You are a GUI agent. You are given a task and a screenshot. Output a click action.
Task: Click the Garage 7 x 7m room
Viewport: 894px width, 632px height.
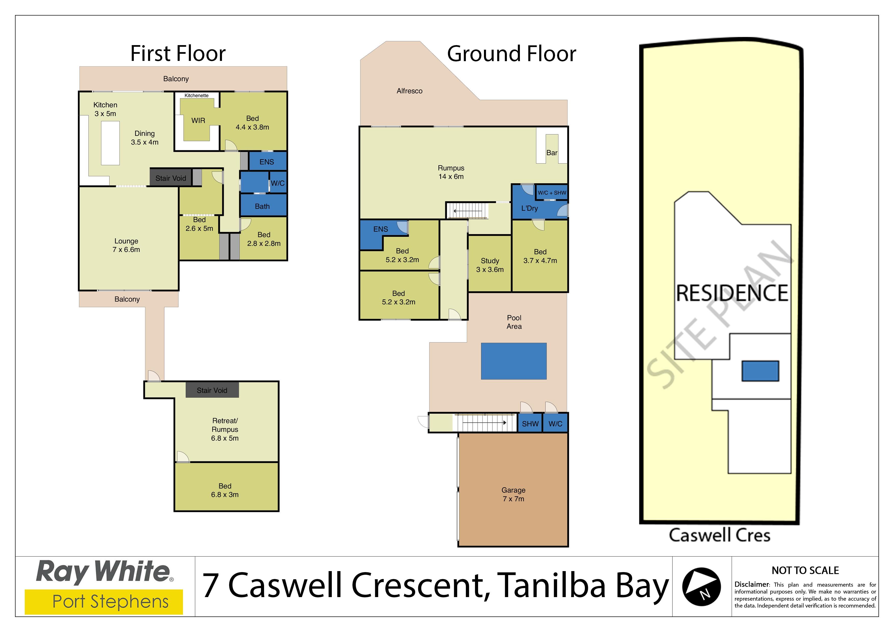(513, 490)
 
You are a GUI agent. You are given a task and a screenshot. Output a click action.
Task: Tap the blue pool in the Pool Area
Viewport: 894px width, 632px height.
(514, 361)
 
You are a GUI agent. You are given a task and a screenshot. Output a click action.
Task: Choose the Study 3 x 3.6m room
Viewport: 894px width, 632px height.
(490, 264)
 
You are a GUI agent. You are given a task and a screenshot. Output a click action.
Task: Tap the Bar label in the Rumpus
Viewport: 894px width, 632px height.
(552, 153)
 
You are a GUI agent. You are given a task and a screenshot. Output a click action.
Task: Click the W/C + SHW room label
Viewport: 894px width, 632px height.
(552, 193)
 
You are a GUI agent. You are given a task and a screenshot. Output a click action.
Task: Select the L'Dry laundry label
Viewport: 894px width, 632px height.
(530, 208)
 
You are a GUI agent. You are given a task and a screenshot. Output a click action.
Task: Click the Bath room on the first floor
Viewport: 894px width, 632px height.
(263, 205)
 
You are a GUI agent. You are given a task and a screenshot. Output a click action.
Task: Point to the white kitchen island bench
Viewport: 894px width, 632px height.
(110, 143)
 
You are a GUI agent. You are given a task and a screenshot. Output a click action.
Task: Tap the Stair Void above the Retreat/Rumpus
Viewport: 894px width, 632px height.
(212, 390)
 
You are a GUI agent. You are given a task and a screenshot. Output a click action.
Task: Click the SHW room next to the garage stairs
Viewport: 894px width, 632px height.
(530, 423)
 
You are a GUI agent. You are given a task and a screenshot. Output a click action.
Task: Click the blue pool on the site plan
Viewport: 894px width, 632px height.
(760, 371)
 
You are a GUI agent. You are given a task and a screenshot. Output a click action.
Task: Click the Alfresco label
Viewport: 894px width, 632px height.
(409, 91)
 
